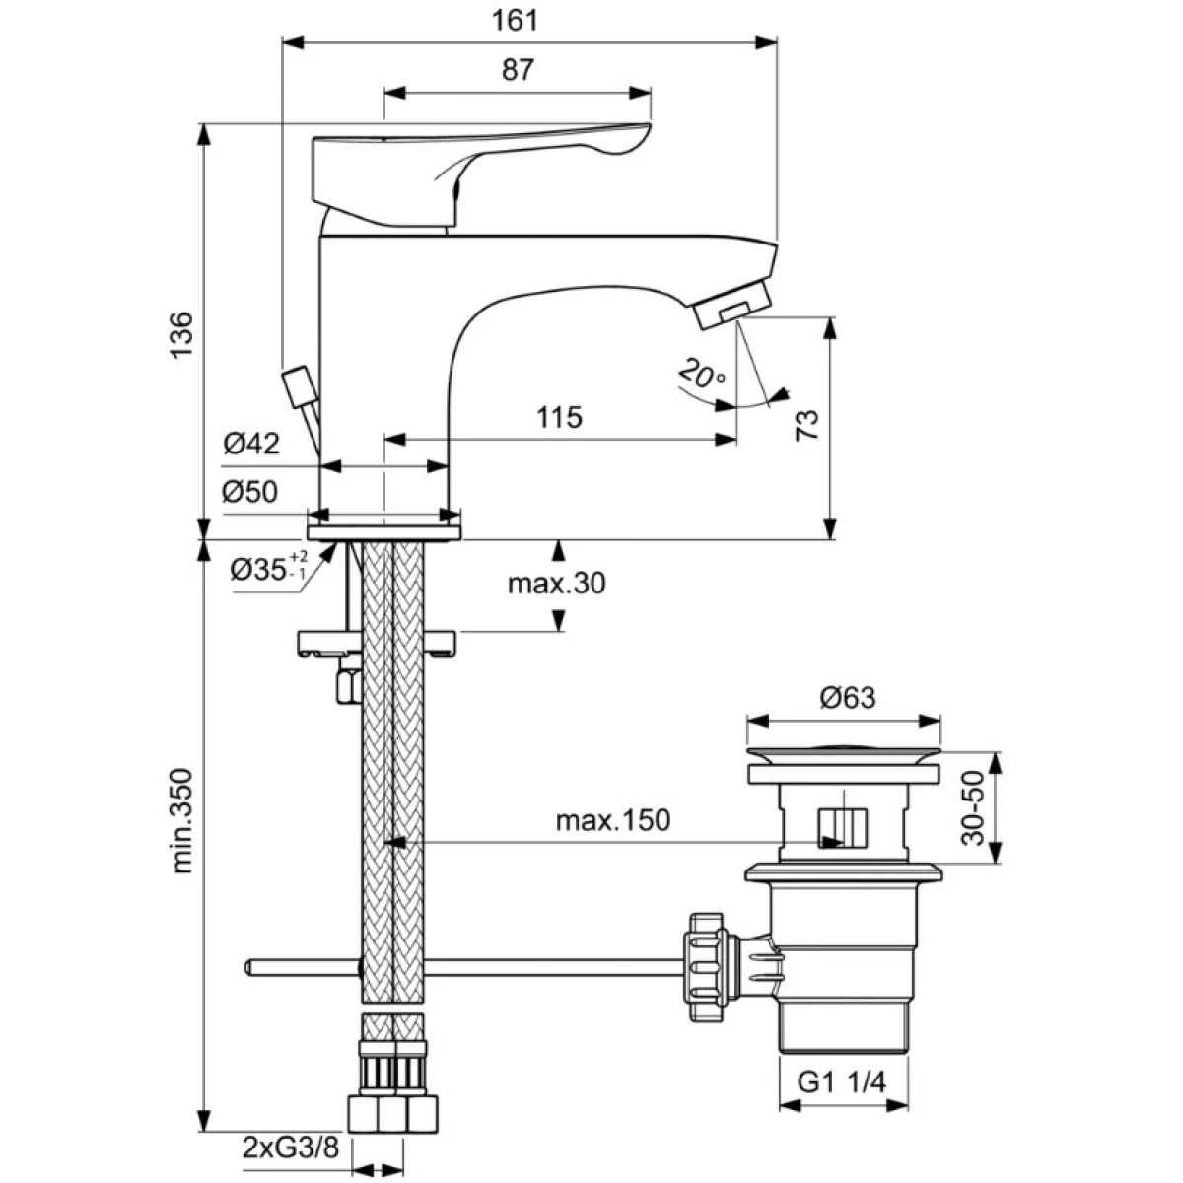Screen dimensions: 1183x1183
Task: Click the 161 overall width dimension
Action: coord(515,21)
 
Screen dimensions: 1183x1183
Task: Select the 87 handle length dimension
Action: coord(518,69)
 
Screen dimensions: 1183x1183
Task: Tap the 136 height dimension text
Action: coord(181,335)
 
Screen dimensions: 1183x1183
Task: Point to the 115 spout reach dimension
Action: coord(559,417)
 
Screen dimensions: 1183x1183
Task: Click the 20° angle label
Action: coord(702,374)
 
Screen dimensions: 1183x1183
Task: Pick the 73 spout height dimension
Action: coord(807,424)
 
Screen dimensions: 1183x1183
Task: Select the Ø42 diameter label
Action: coord(251,443)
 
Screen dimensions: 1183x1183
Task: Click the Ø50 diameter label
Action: coord(249,492)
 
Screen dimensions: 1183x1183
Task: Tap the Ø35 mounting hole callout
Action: coord(268,567)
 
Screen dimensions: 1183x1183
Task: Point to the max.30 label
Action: coord(556,583)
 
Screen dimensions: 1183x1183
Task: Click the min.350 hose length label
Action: coord(182,821)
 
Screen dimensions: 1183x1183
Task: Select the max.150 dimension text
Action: coord(612,820)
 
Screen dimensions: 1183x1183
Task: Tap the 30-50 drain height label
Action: coord(974,808)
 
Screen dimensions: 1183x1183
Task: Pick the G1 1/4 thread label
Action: coord(842,1081)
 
